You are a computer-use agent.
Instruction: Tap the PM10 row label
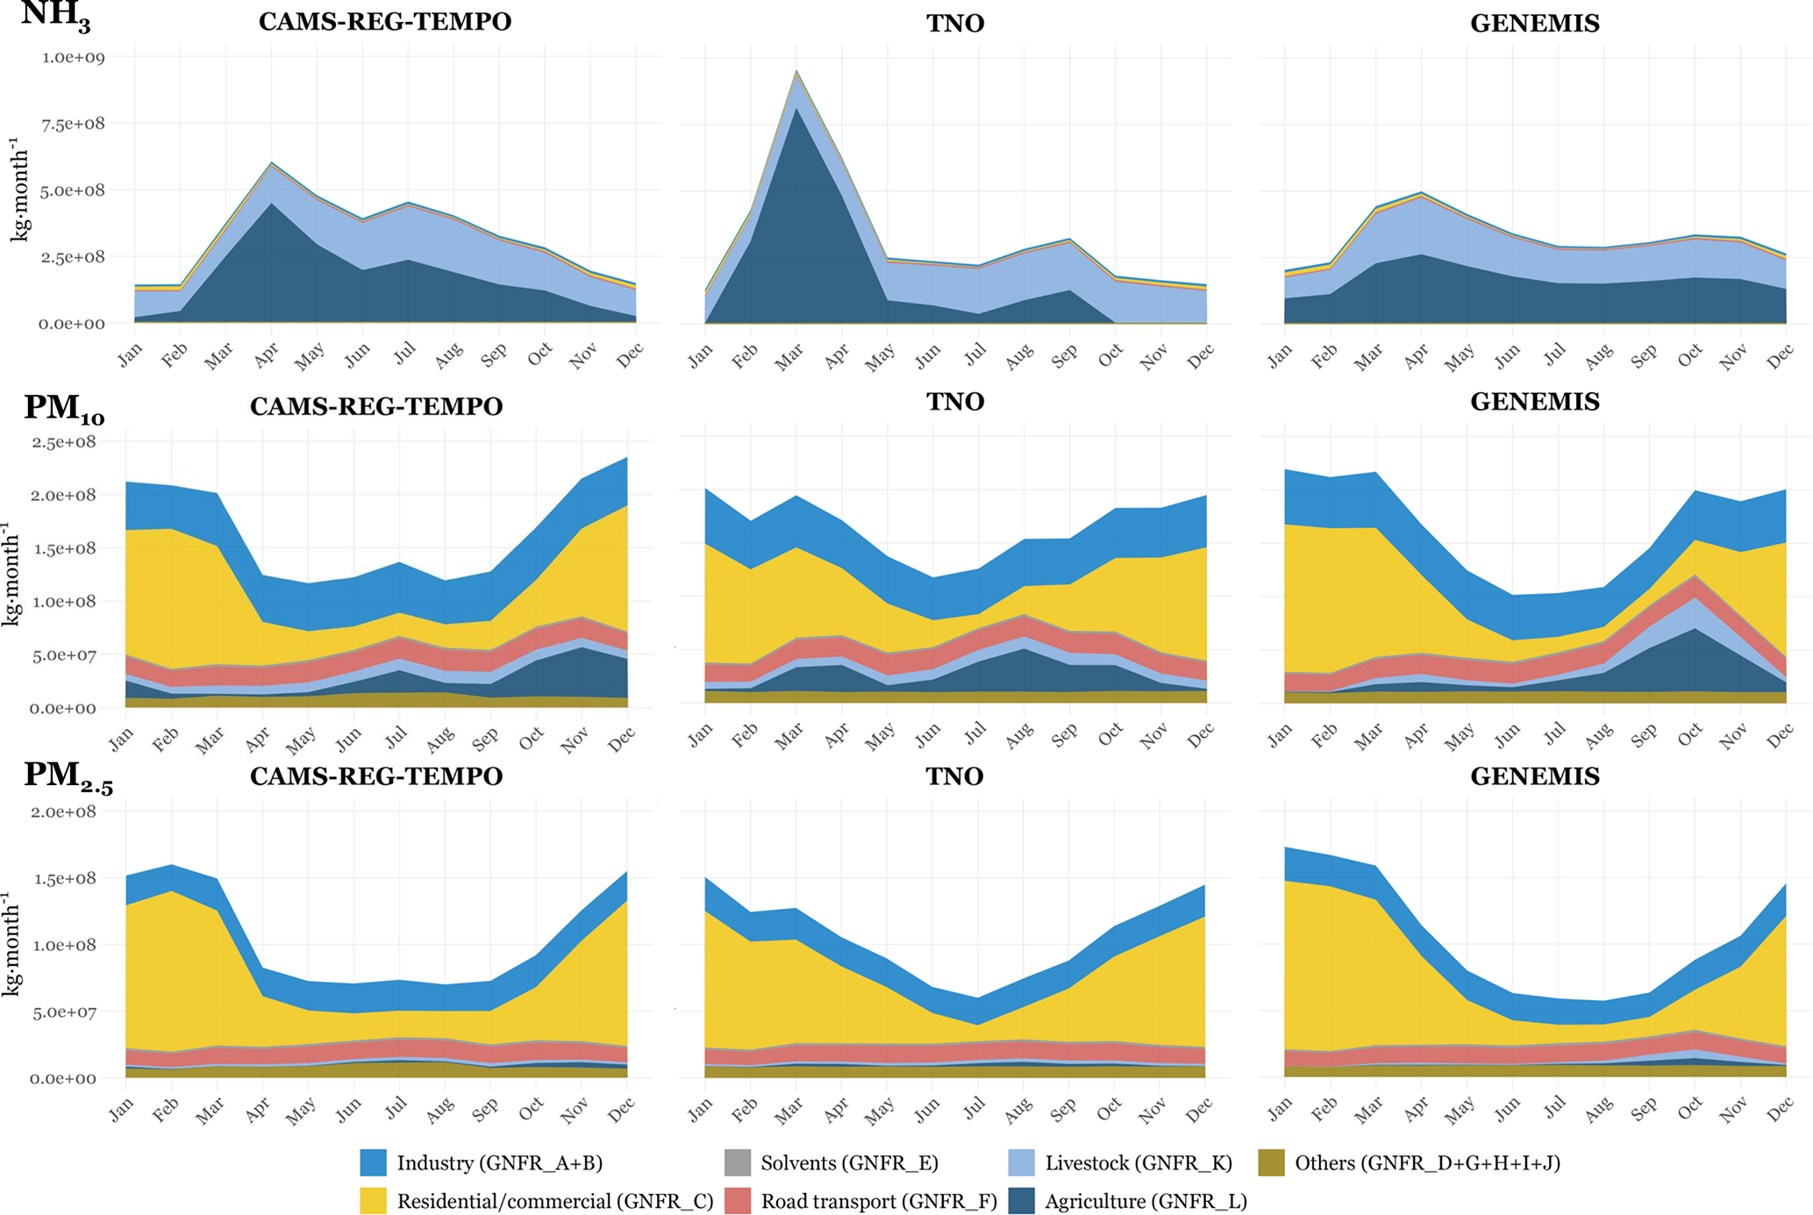click(x=63, y=409)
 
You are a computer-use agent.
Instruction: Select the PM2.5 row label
click(x=68, y=777)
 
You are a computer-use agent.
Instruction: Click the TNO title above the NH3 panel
click(x=955, y=23)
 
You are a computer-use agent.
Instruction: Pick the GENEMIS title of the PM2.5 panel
click(x=1534, y=776)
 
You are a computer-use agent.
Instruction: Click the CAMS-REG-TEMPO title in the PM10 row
click(x=376, y=406)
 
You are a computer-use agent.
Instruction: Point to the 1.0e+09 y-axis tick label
click(x=74, y=58)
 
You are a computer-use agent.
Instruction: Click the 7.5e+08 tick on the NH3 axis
click(x=74, y=124)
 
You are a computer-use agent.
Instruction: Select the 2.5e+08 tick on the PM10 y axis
click(x=64, y=442)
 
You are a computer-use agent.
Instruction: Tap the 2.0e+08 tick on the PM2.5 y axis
click(x=64, y=812)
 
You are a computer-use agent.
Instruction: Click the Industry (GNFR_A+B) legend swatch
click(x=374, y=1163)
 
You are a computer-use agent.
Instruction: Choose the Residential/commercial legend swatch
click(x=374, y=1201)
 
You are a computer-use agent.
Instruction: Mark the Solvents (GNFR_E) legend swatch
click(x=738, y=1163)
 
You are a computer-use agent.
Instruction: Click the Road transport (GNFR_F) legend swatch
click(x=738, y=1201)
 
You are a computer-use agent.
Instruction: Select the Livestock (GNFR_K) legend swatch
click(x=1023, y=1163)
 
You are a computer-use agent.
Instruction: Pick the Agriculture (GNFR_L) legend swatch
click(x=1023, y=1201)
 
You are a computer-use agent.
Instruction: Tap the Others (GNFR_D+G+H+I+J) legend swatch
click(x=1272, y=1163)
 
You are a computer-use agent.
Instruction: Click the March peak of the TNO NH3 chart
click(x=796, y=71)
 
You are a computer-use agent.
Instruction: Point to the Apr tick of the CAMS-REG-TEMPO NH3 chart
click(x=267, y=354)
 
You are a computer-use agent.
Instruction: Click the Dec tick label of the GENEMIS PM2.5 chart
click(x=1781, y=1111)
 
